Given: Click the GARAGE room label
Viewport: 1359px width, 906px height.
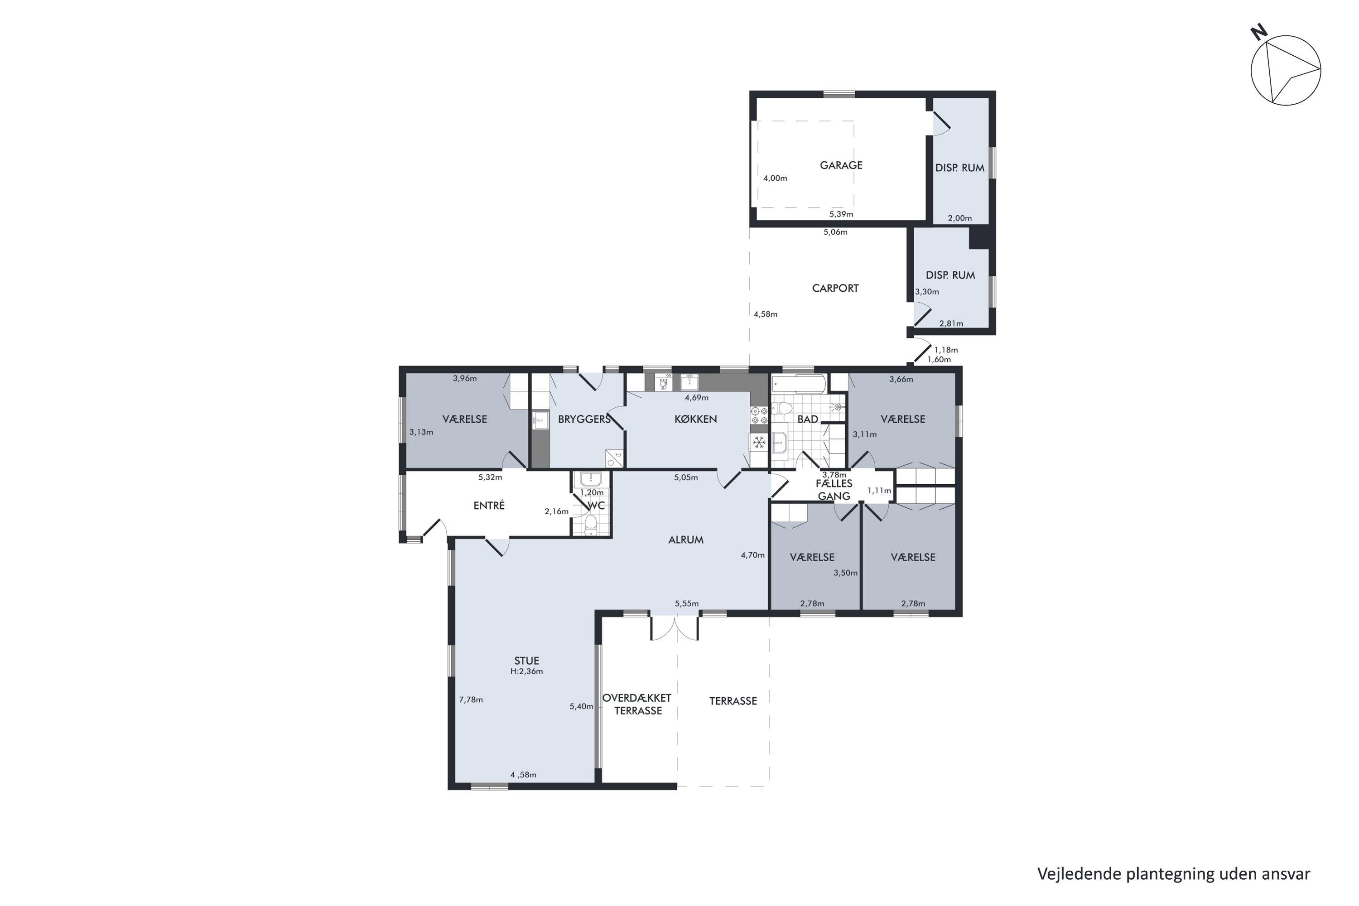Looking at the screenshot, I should tap(841, 165).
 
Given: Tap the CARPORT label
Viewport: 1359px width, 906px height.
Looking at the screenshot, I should tap(835, 288).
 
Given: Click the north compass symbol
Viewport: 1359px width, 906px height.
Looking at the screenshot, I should tap(1285, 70).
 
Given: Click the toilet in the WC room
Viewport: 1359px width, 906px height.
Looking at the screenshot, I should tap(591, 525).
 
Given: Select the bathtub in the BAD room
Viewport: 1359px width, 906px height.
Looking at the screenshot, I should tap(800, 383).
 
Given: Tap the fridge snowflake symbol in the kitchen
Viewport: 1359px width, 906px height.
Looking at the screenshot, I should tap(759, 443).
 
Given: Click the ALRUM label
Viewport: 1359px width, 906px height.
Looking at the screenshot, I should tap(686, 540).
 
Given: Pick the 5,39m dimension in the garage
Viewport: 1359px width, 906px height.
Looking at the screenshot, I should tap(841, 214).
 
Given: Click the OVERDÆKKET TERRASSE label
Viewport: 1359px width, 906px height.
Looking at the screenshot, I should tap(637, 704).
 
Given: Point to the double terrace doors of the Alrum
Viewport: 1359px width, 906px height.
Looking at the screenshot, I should tap(675, 628).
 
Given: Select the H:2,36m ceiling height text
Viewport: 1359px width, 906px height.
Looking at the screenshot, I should tap(526, 671).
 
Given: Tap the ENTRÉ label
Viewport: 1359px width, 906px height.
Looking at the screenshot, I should tap(489, 506).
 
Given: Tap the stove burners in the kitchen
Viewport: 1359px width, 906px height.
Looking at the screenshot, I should tap(759, 415).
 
